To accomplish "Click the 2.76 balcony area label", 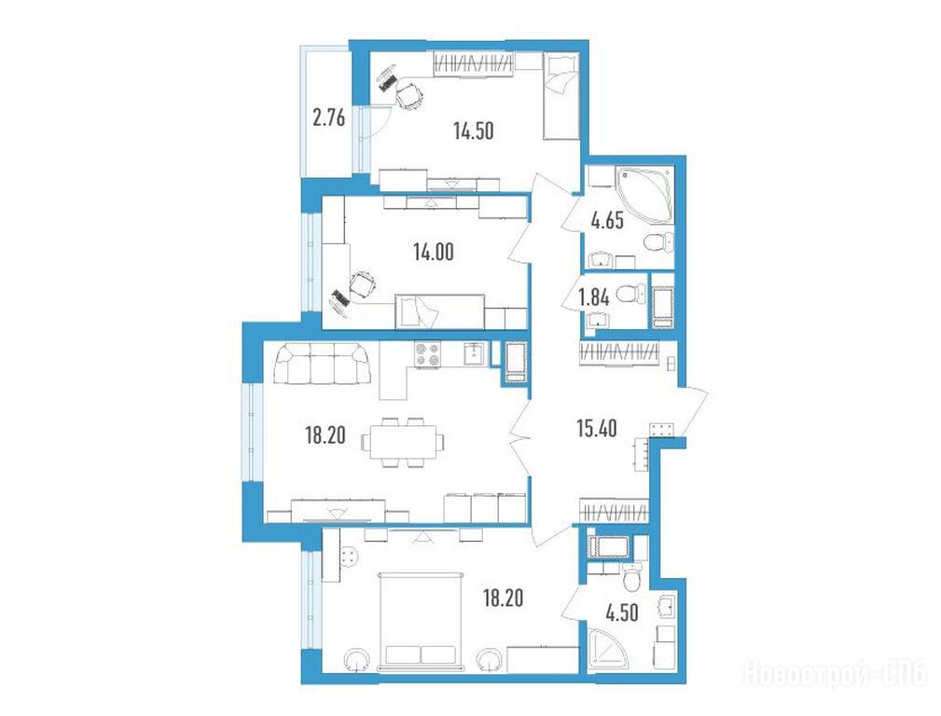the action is point(329,118).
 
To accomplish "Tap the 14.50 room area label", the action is point(474,131).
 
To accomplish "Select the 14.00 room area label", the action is point(434,253).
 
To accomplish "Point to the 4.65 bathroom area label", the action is point(607,221).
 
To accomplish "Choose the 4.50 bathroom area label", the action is point(621,613).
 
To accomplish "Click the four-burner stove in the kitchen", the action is point(427,354).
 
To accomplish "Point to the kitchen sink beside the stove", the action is point(474,353).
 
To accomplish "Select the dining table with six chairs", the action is point(403,442).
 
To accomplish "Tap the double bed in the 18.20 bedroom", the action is point(421,621).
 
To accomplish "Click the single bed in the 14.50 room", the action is point(560,96).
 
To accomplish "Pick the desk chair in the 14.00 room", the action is point(363,283).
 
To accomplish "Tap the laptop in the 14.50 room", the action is point(387,78).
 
